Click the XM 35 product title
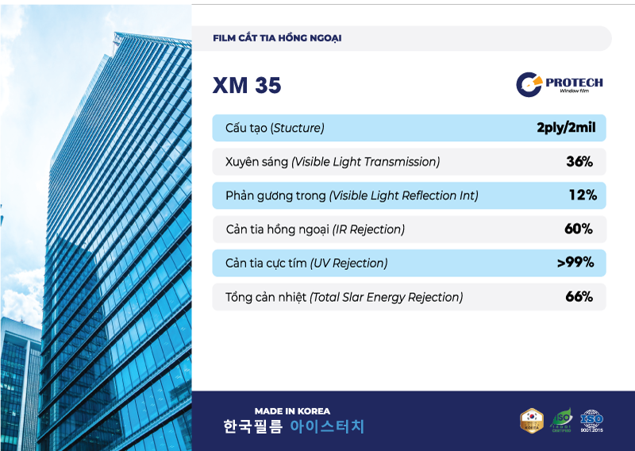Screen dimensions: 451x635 [247, 86]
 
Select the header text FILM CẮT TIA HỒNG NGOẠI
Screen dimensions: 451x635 [277, 38]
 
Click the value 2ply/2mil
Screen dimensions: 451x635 [566, 128]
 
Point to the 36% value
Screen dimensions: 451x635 [579, 162]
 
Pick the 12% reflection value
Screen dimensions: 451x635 [582, 195]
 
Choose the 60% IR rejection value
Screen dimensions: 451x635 [579, 229]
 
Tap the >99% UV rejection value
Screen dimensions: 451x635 [575, 263]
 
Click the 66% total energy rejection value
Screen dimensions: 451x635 [579, 297]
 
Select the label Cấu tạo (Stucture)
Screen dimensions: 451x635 [275, 129]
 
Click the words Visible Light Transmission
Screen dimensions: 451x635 [365, 162]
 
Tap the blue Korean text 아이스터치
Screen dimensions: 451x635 [327, 427]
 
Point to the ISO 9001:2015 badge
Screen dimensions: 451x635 [591, 421]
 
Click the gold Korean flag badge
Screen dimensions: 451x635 [531, 421]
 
